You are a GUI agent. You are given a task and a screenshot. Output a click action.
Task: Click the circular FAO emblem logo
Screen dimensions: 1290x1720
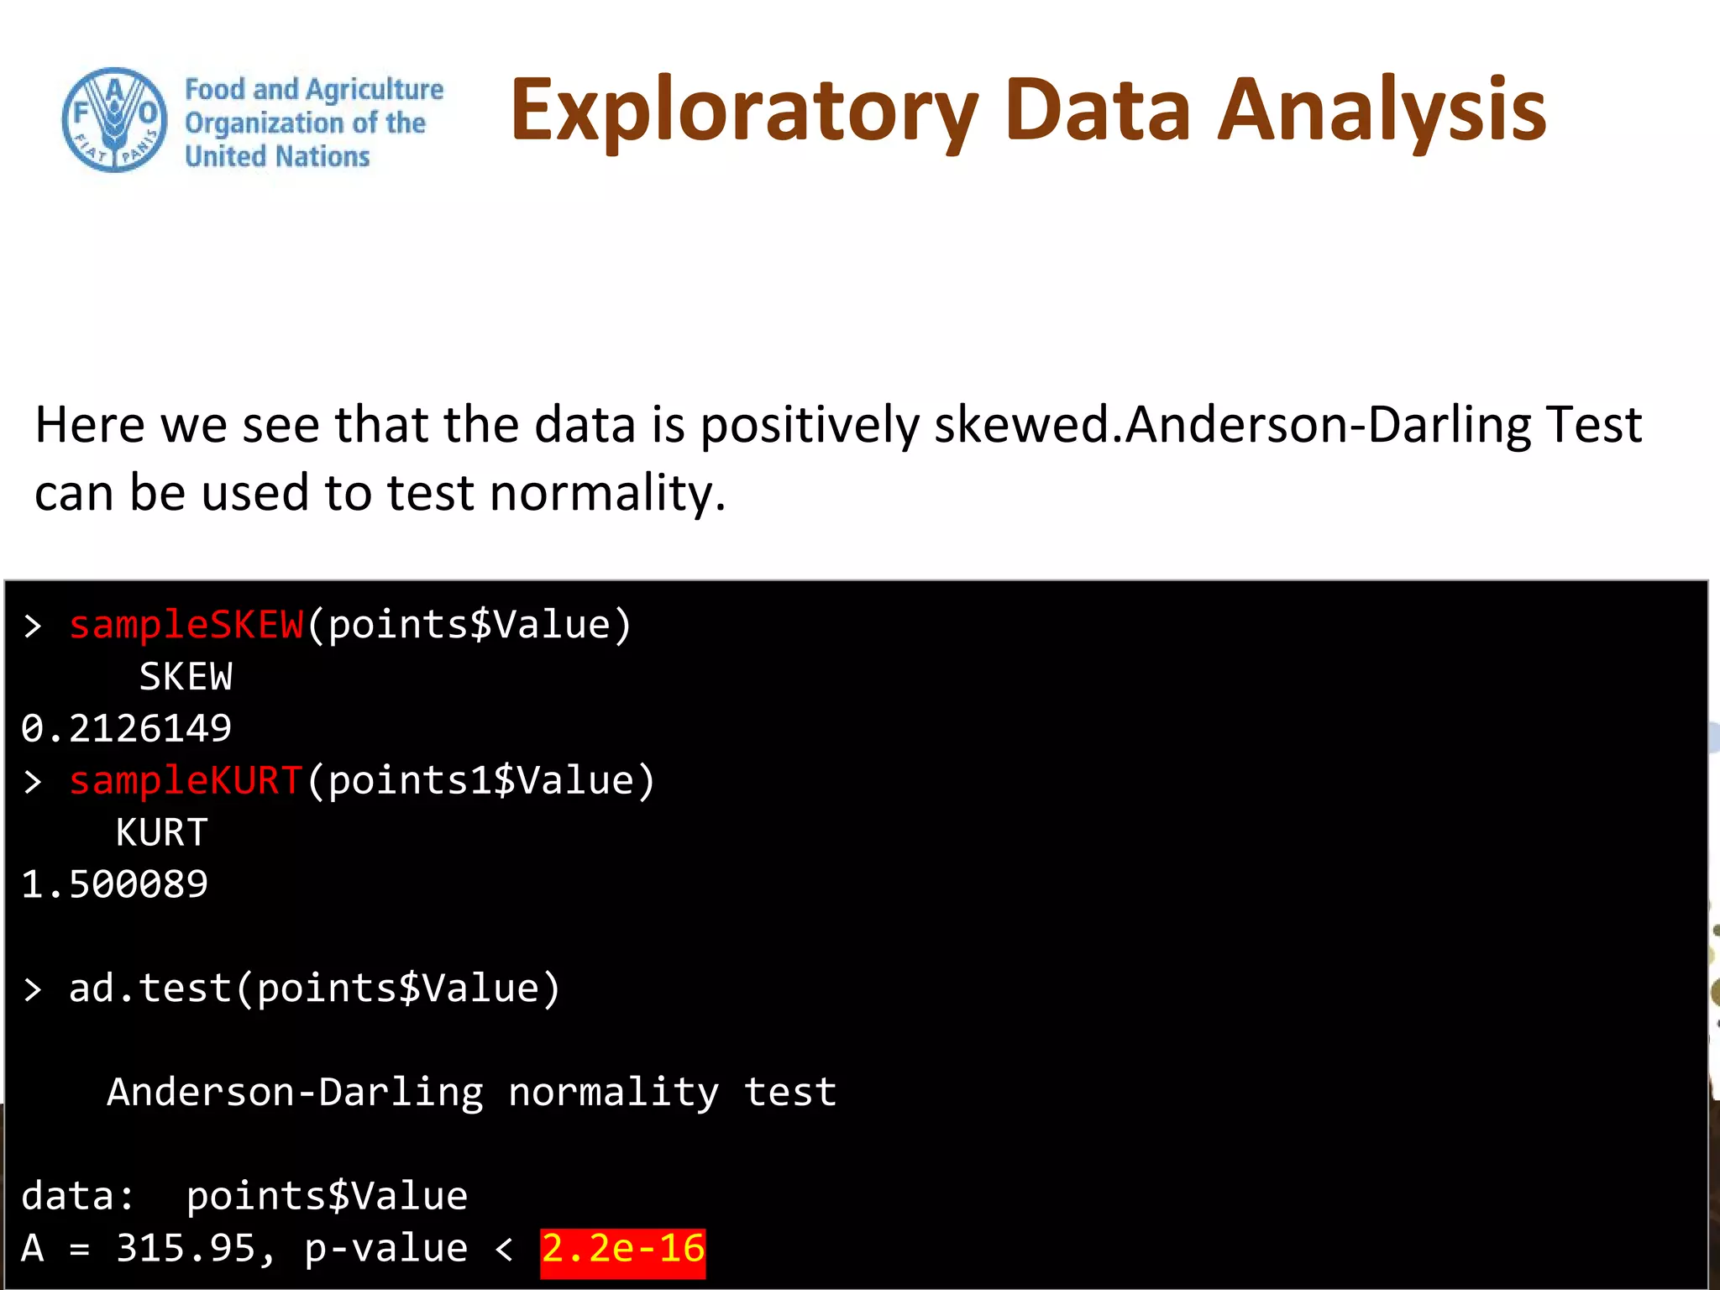114,120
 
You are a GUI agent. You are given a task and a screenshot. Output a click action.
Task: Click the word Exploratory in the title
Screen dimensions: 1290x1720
744,112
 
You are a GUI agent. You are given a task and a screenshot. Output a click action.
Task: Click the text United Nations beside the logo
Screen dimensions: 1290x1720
277,157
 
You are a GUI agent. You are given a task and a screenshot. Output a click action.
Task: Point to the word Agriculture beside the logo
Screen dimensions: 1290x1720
375,89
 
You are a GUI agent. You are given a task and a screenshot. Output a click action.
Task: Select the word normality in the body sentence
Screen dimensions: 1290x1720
601,493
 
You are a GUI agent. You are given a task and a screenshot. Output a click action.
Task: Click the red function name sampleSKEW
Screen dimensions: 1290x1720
186,626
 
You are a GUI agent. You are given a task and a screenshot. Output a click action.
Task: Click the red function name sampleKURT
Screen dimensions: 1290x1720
186,781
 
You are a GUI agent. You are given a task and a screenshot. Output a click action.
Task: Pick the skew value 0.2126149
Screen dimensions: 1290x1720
126,728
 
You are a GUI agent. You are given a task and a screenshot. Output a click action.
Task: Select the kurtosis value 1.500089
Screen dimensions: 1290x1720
114,884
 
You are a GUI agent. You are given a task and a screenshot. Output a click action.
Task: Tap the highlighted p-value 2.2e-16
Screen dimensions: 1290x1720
622,1249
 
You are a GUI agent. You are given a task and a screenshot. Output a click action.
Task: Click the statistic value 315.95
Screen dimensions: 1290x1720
186,1249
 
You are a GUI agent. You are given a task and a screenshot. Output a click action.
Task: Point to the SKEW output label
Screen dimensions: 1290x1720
186,677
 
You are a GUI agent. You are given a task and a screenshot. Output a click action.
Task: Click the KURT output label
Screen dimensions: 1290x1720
162,833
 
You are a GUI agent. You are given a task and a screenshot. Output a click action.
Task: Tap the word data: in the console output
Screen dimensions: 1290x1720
77,1197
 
